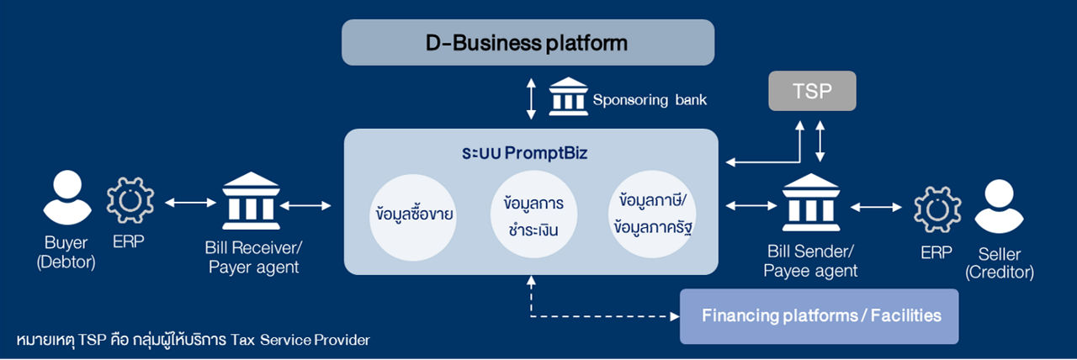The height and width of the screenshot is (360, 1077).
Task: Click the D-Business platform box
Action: pos(528,42)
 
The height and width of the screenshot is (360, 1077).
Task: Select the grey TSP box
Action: pos(812,91)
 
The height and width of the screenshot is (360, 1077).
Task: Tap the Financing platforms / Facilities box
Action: pos(819,316)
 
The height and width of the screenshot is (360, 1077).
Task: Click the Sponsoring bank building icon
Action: pos(568,98)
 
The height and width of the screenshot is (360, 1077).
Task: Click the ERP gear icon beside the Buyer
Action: pos(130,200)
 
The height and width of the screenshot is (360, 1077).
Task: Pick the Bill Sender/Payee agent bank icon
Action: pos(810,204)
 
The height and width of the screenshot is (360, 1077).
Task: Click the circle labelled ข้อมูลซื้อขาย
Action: pos(415,214)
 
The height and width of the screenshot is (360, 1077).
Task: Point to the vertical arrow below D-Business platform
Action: pos(529,99)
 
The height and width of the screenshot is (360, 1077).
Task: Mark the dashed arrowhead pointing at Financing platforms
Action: pos(674,317)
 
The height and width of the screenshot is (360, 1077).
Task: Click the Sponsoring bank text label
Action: pos(650,100)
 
